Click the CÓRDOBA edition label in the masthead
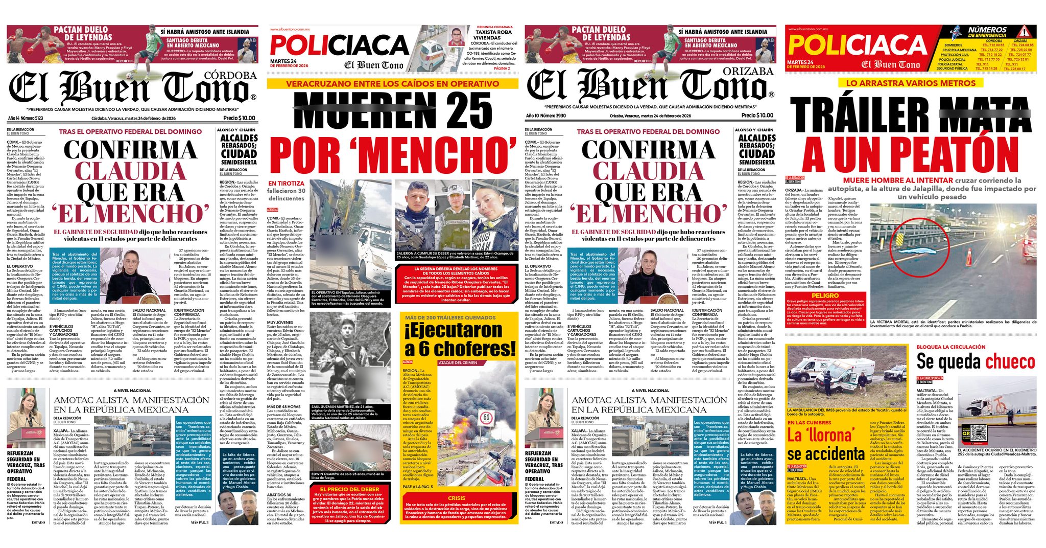point(230,76)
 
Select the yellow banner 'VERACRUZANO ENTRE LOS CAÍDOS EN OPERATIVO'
point(392,84)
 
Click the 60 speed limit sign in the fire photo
point(486,419)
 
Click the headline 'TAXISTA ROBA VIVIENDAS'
point(486,35)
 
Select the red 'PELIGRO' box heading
point(825,295)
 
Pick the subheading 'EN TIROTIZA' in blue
point(286,183)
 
